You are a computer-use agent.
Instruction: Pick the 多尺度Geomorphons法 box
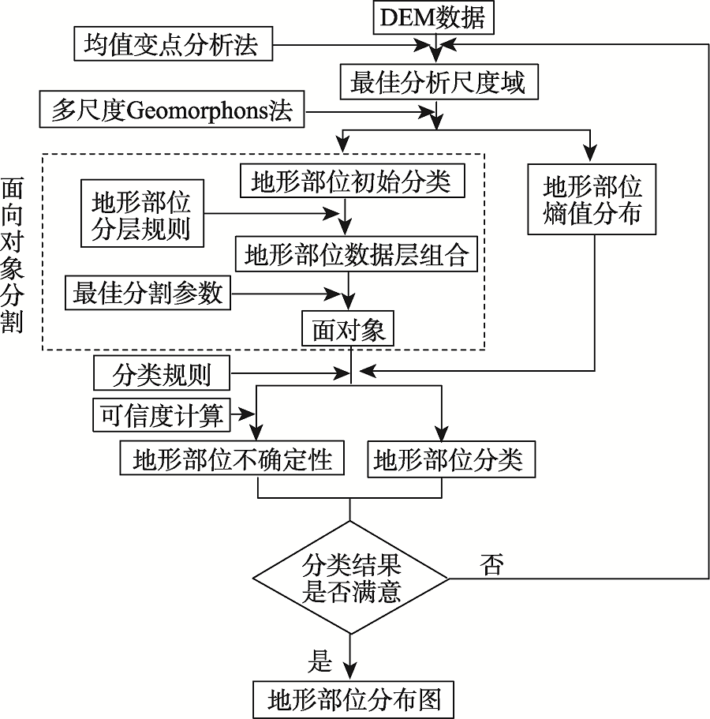pos(171,110)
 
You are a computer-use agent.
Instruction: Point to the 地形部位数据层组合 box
pos(357,255)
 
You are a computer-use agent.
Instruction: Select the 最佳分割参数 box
pos(148,294)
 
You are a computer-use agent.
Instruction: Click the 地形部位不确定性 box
pos(233,459)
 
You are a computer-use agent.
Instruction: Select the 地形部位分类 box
pos(447,459)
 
